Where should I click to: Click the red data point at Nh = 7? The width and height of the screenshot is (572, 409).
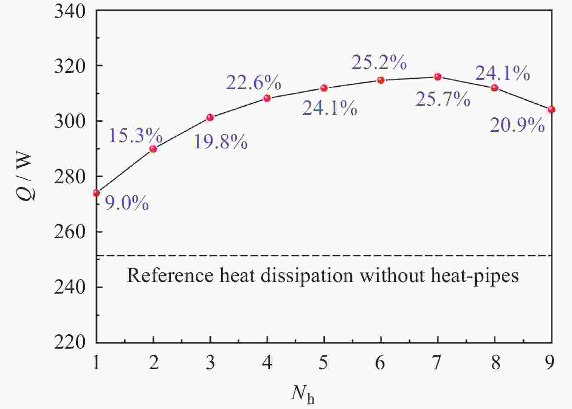pos(438,77)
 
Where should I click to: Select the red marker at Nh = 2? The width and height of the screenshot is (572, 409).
pos(153,149)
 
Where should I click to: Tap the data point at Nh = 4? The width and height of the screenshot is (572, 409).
pos(267,98)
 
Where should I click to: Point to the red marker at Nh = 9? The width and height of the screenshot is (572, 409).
pos(551,110)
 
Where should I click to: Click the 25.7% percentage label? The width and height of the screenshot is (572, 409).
pos(443,99)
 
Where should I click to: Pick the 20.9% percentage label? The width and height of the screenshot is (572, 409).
pos(517,125)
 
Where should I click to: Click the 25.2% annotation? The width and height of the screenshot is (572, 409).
pos(379,62)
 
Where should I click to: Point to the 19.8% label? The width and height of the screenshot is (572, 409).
pos(221,142)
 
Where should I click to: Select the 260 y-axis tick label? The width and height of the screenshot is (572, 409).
pos(69,232)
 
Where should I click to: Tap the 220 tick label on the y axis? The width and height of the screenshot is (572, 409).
pos(69,342)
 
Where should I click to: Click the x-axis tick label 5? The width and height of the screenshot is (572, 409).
pos(324,363)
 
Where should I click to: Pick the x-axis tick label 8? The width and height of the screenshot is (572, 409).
pos(495,363)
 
